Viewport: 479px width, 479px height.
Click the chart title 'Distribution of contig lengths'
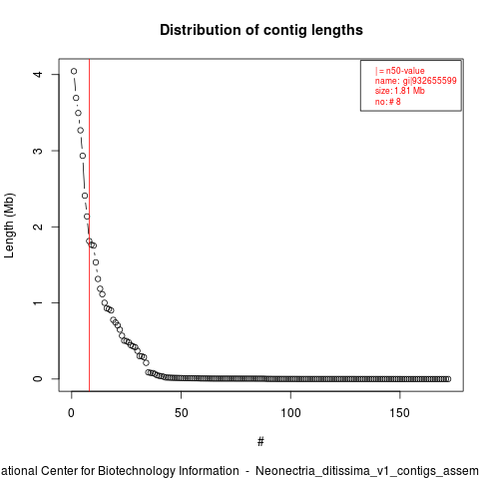point(261,30)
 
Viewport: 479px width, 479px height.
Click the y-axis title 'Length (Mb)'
point(9,226)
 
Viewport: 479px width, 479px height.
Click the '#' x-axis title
point(260,442)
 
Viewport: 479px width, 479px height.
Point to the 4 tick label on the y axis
point(39,74)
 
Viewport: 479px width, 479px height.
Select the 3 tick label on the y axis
point(39,151)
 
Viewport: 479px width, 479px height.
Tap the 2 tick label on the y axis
point(39,227)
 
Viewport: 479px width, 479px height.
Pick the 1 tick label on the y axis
point(39,302)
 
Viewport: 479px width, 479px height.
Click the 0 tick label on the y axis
point(39,379)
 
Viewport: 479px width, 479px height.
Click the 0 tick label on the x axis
point(71,413)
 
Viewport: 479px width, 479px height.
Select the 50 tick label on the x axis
point(181,413)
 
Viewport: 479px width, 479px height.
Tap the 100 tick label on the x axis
point(290,413)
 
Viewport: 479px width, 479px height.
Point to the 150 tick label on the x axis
point(399,413)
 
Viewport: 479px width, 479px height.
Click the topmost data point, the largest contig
point(74,71)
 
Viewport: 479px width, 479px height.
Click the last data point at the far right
point(448,379)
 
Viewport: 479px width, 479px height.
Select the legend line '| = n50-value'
point(399,71)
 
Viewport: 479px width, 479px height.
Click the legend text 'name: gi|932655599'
point(416,81)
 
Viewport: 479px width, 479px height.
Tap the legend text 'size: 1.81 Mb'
point(400,91)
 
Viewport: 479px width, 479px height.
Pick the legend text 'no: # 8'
point(388,102)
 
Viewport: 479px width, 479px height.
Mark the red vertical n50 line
point(89,226)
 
